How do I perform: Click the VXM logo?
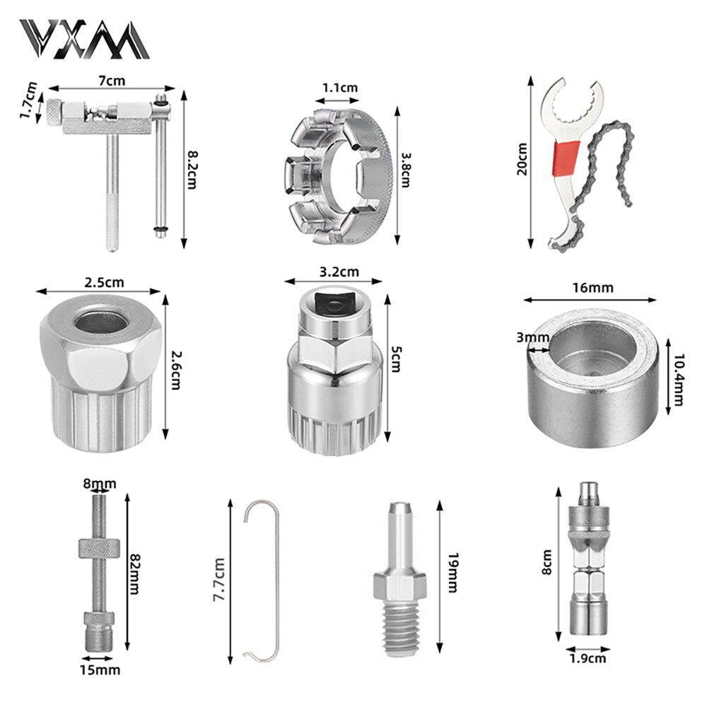[x=84, y=39]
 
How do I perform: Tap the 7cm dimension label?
[x=112, y=81]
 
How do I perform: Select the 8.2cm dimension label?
[x=192, y=170]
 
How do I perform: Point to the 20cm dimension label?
[x=522, y=158]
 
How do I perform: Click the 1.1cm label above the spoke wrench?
[x=340, y=88]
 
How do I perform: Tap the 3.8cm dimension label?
[x=405, y=170]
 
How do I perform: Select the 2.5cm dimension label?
[x=104, y=283]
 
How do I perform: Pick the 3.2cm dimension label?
[x=339, y=272]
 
